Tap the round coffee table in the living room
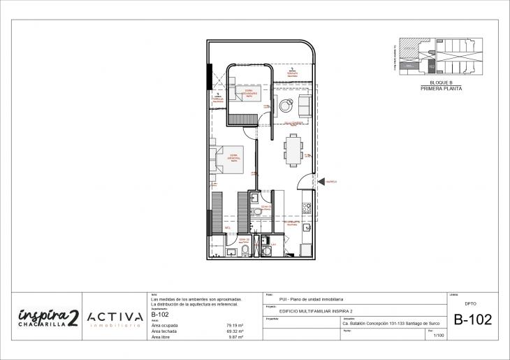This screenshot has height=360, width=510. point(286,107)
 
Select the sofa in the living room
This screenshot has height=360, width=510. point(305,106)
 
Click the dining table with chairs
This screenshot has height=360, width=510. point(293,149)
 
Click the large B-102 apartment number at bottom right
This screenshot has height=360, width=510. point(473,321)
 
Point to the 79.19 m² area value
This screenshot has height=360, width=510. point(234,326)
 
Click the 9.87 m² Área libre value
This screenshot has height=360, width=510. point(235,337)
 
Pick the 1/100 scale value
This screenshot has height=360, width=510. point(439,336)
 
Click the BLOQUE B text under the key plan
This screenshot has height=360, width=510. point(441,83)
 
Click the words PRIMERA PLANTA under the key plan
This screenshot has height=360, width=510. point(441,89)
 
